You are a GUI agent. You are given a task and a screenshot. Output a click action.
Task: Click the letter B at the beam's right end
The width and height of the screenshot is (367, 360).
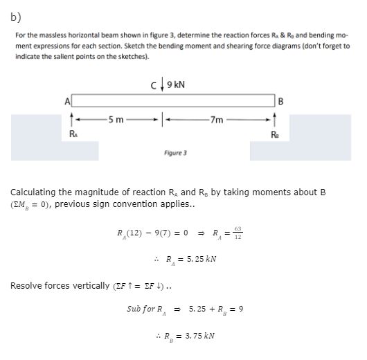(x=280, y=101)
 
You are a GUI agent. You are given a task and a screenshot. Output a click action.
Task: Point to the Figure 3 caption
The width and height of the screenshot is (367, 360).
(x=175, y=151)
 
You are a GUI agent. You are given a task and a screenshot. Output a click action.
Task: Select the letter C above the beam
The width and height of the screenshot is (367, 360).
(x=153, y=86)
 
